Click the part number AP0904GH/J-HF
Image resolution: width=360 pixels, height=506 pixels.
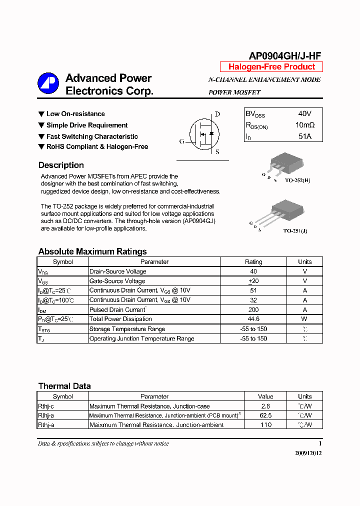coord(285,56)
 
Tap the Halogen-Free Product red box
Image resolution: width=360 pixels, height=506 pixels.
coord(271,67)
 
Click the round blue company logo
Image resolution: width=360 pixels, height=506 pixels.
coord(48,83)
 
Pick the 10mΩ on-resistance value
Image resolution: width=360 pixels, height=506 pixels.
coord(304,125)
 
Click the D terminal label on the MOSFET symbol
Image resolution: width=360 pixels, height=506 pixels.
coord(217,114)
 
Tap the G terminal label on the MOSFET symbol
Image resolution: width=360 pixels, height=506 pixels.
coord(181,141)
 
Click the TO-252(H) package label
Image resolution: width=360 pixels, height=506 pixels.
coord(297,180)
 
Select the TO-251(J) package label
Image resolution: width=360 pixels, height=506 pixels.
coord(295,231)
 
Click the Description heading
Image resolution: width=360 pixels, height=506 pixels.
coord(61,165)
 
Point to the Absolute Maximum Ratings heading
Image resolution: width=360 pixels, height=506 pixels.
coord(92,251)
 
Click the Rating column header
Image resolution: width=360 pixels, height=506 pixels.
coord(253,261)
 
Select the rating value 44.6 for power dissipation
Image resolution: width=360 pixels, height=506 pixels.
coord(253,319)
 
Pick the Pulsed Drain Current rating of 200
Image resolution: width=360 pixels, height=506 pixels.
coord(253,309)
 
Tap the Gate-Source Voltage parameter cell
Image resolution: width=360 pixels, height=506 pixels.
coord(117,281)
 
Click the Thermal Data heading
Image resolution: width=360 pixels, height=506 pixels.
coord(64,386)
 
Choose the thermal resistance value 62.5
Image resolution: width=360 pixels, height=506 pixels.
coord(265,415)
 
